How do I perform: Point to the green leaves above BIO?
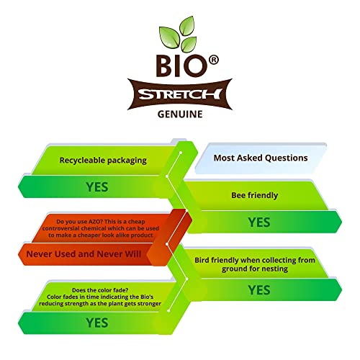tap(180, 34)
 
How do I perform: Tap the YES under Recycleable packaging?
tap(97, 186)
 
